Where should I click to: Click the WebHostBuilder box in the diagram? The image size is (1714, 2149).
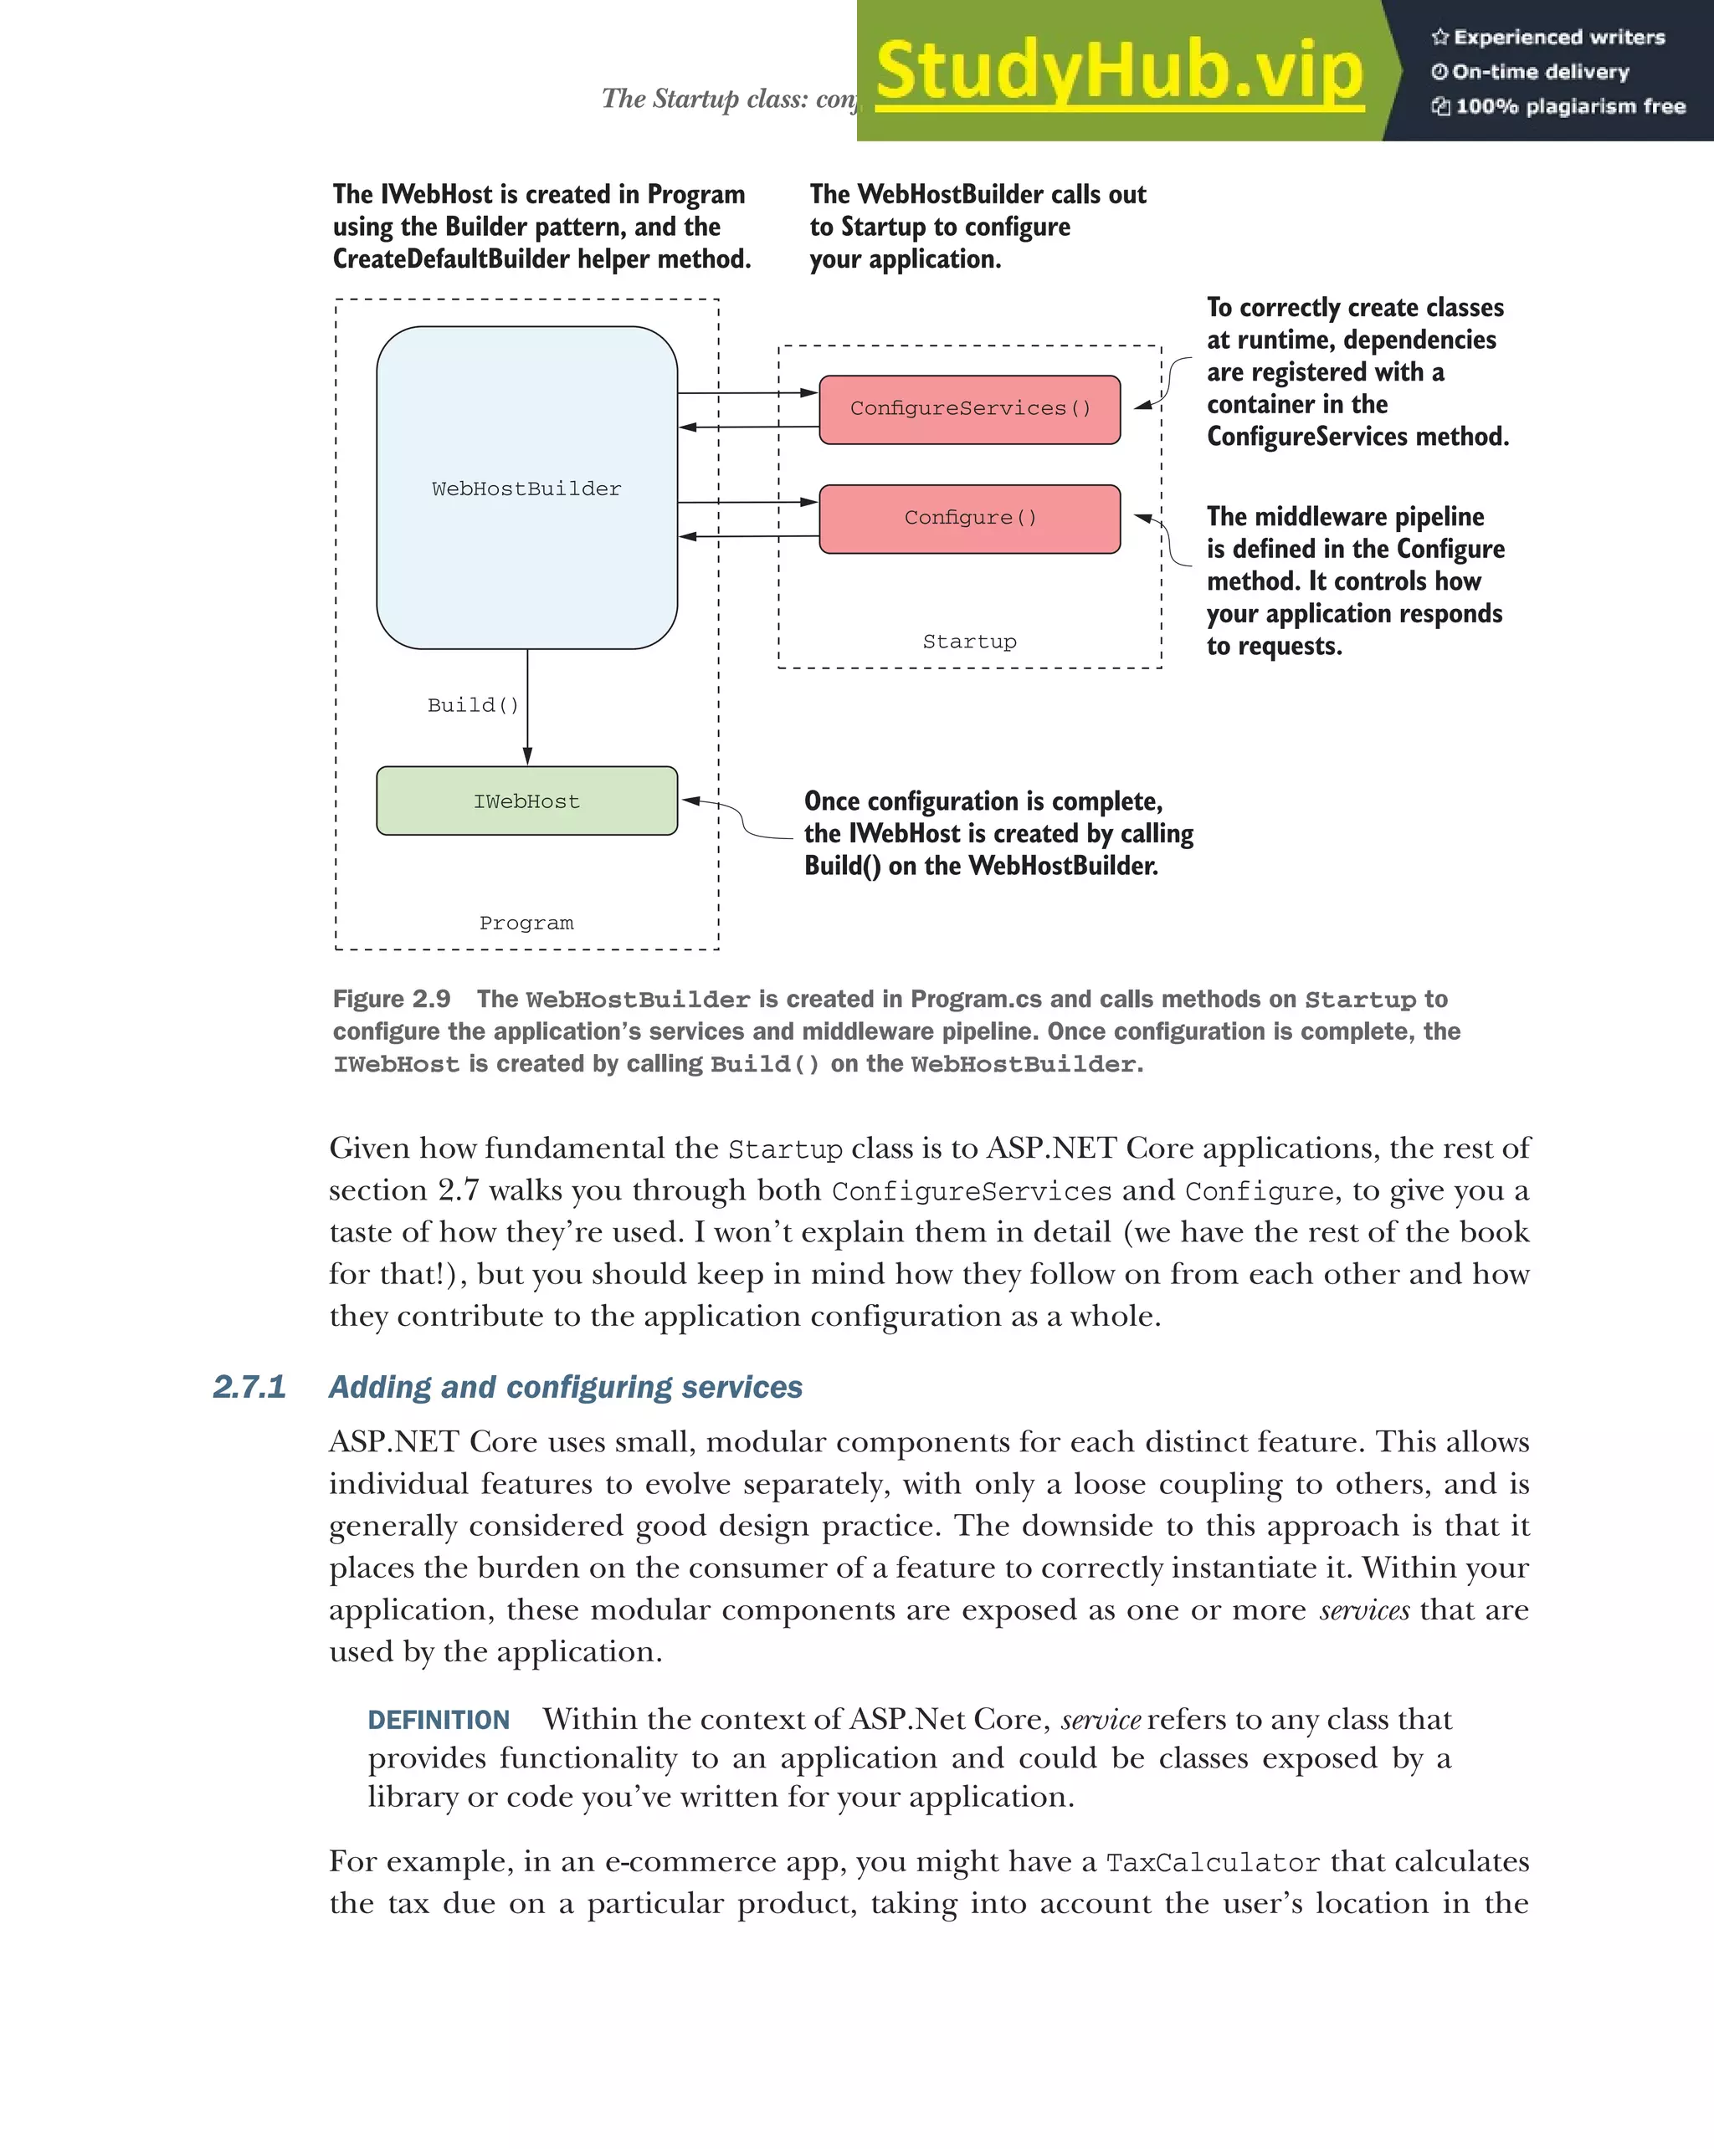point(526,489)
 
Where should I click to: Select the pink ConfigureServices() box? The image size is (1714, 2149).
point(969,409)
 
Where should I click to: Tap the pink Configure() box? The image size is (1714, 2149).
point(969,519)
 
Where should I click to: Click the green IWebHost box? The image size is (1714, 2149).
point(526,801)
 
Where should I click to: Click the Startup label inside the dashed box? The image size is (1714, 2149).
point(969,642)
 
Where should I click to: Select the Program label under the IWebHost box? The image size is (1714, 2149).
point(526,923)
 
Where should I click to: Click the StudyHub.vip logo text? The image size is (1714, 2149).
point(1119,72)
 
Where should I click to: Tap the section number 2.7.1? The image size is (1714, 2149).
point(249,1386)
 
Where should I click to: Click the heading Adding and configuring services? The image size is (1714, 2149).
point(566,1386)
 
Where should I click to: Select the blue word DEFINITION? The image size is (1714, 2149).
point(439,1719)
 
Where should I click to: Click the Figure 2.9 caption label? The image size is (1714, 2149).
point(392,999)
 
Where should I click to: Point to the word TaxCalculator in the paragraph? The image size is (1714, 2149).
point(1213,1862)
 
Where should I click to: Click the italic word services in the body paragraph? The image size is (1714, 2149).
point(1364,1609)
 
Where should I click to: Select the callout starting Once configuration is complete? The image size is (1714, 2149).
point(997,833)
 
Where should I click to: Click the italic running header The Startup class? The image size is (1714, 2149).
point(728,99)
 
